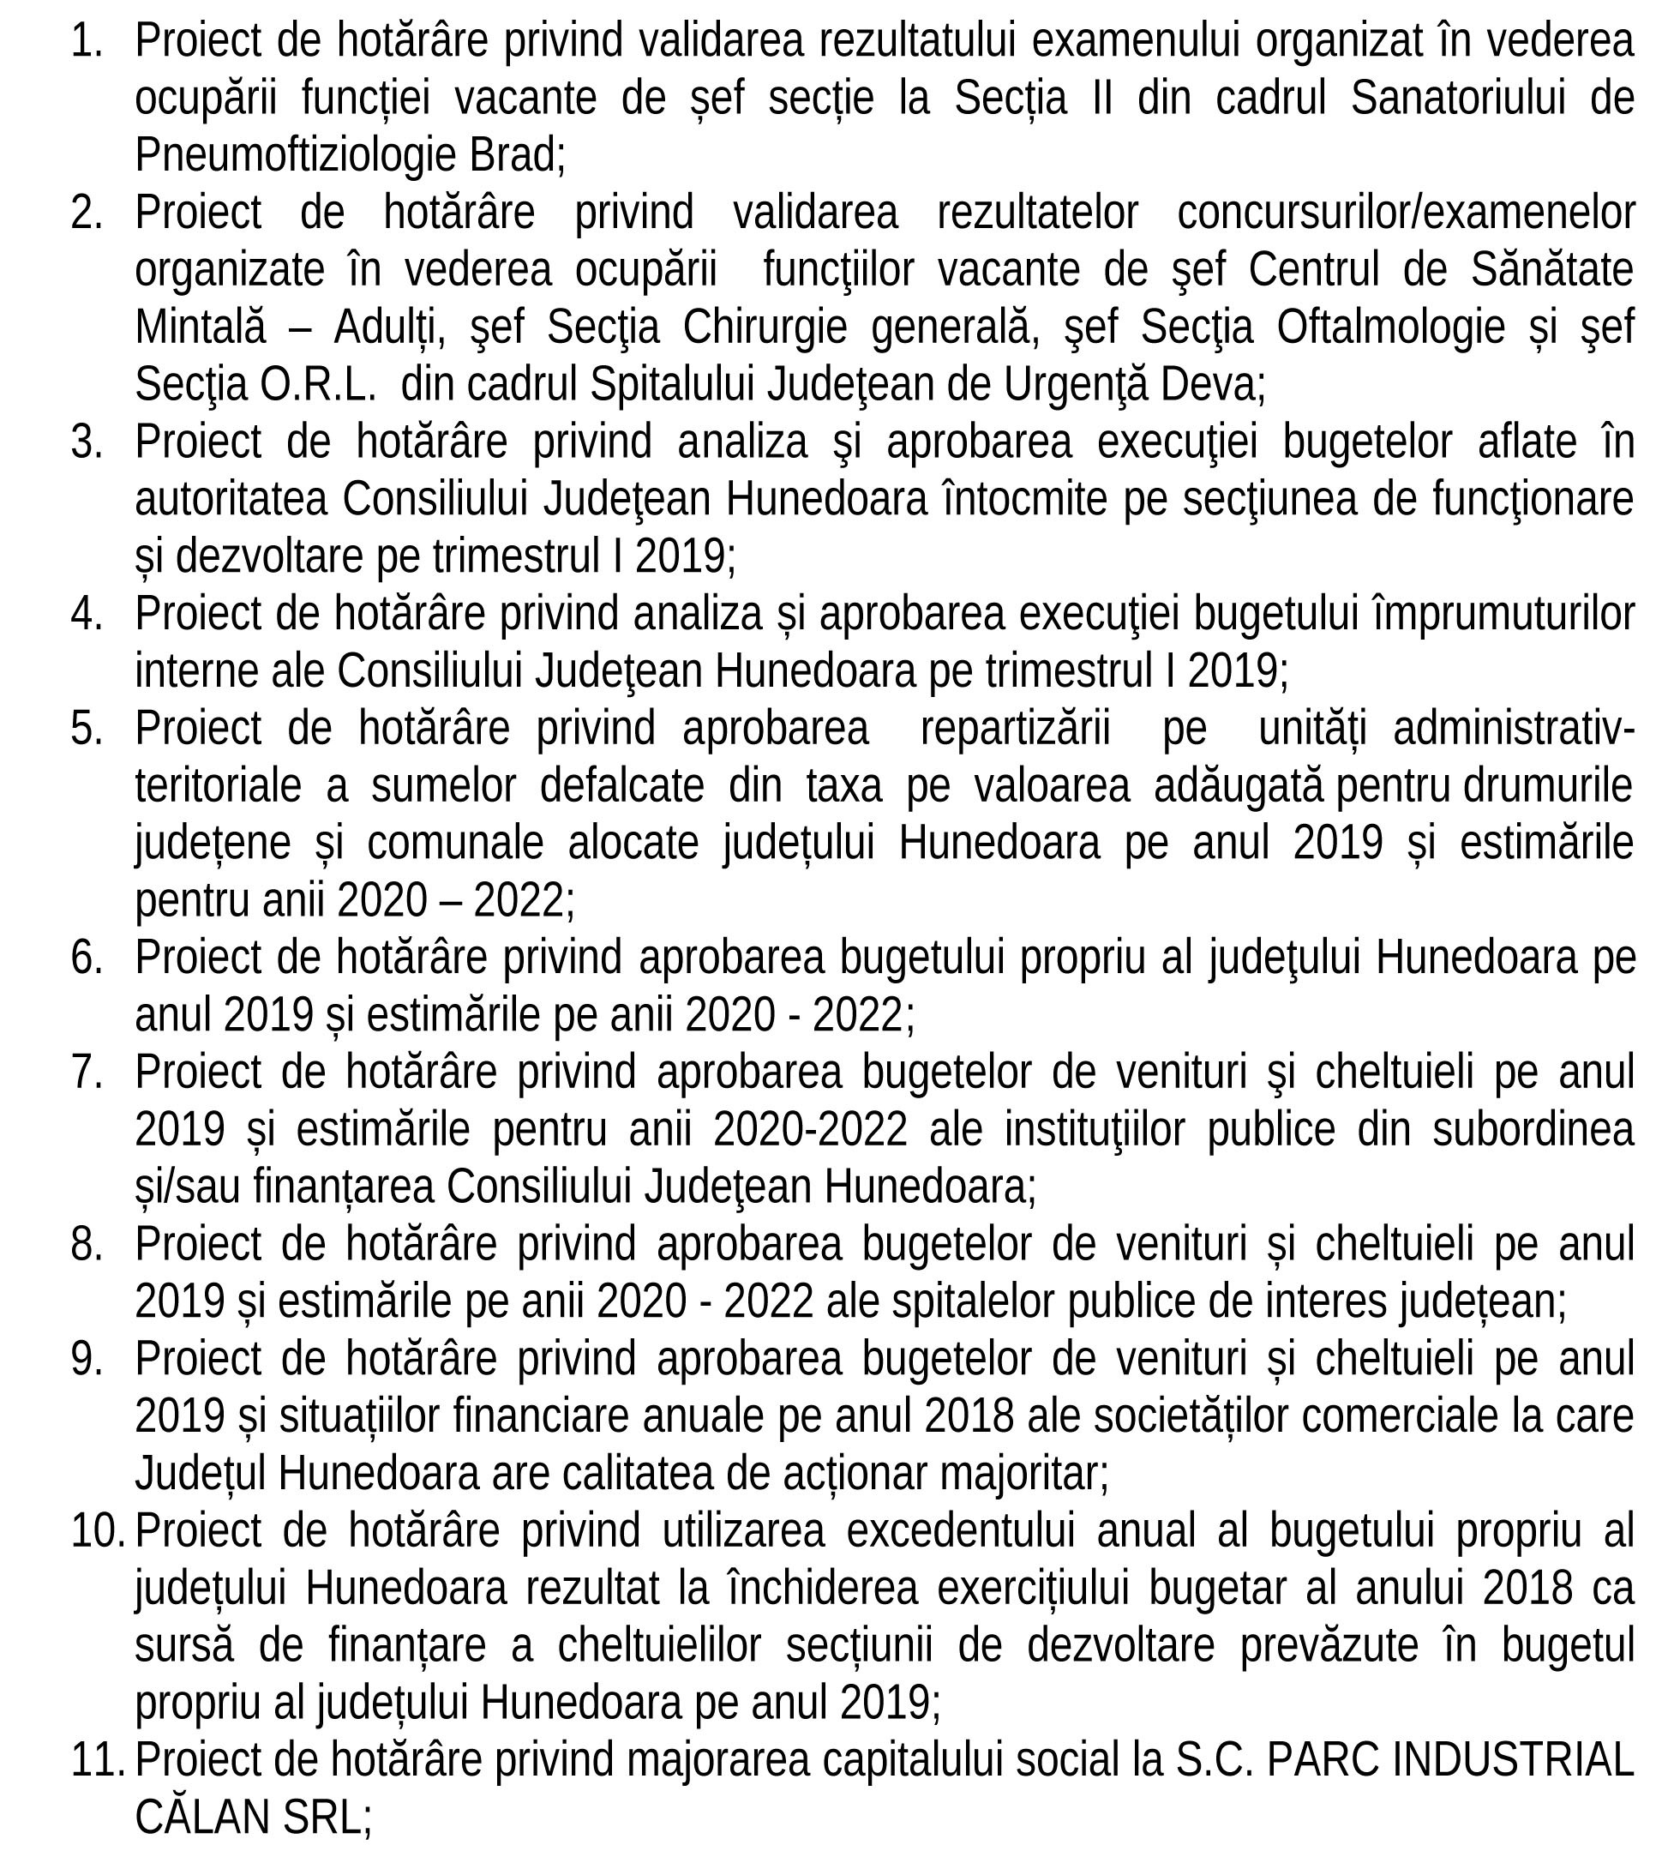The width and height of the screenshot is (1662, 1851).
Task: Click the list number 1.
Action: coord(87,41)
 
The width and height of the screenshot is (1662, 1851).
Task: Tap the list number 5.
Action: coord(87,729)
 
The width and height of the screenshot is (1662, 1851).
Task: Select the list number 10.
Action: coord(97,1530)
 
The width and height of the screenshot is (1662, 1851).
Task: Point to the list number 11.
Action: coord(97,1759)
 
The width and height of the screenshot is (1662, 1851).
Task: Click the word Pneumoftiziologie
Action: coord(296,155)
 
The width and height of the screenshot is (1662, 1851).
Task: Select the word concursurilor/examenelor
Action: coord(1406,213)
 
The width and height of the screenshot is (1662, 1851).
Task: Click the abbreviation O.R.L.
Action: coord(318,385)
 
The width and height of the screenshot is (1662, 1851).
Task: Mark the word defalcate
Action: coord(622,786)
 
